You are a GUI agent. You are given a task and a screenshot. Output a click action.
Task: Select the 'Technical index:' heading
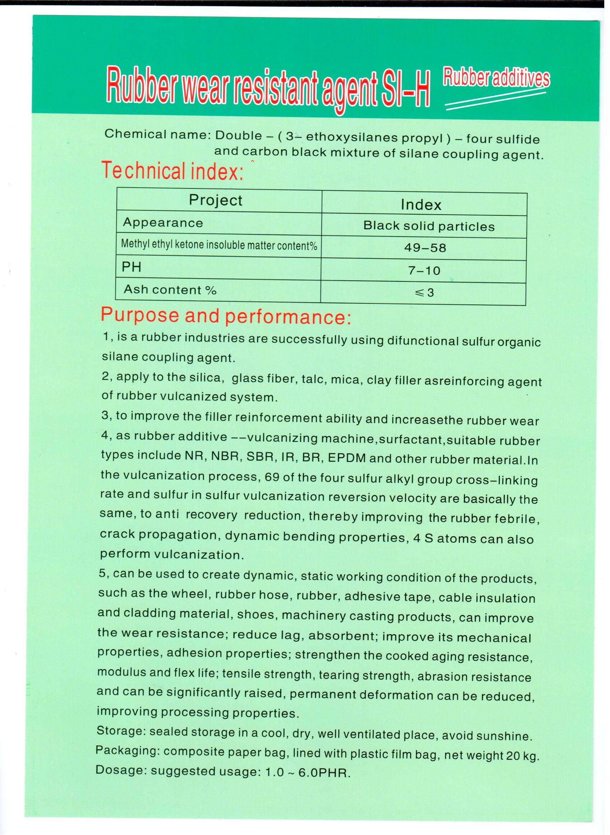[x=172, y=171]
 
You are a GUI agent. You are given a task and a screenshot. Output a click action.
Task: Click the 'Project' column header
[x=216, y=200]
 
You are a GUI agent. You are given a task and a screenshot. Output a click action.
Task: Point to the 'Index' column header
[x=421, y=205]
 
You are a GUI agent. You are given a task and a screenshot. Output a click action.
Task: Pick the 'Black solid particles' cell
[x=429, y=226]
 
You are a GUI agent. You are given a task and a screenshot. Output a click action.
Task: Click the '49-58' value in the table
[x=425, y=247]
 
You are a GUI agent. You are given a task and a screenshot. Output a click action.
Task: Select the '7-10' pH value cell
[x=424, y=271]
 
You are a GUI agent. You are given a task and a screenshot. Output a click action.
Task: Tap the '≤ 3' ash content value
[x=424, y=293]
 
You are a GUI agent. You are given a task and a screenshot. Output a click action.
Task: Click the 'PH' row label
[x=131, y=267]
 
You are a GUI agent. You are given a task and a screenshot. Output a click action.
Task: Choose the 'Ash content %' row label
[x=170, y=290]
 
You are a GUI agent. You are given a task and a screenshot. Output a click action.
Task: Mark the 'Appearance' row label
[x=163, y=222]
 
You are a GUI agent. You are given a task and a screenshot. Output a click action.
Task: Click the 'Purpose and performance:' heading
[x=226, y=316]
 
